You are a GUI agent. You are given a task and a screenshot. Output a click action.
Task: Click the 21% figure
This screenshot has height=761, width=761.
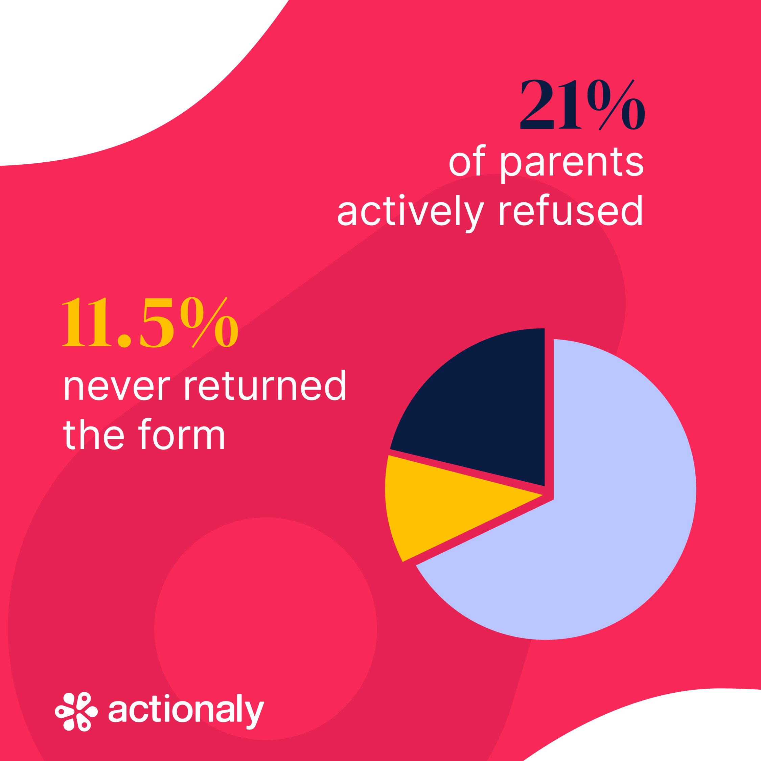click(582, 105)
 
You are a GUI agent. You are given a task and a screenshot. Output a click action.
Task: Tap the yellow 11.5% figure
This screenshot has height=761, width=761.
click(150, 323)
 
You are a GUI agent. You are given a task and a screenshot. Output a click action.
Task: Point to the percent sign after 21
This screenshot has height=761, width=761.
click(616, 105)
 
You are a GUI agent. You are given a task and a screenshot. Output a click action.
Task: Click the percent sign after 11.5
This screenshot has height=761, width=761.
click(209, 323)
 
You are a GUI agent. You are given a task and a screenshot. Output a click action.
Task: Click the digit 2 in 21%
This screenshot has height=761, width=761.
click(537, 105)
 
